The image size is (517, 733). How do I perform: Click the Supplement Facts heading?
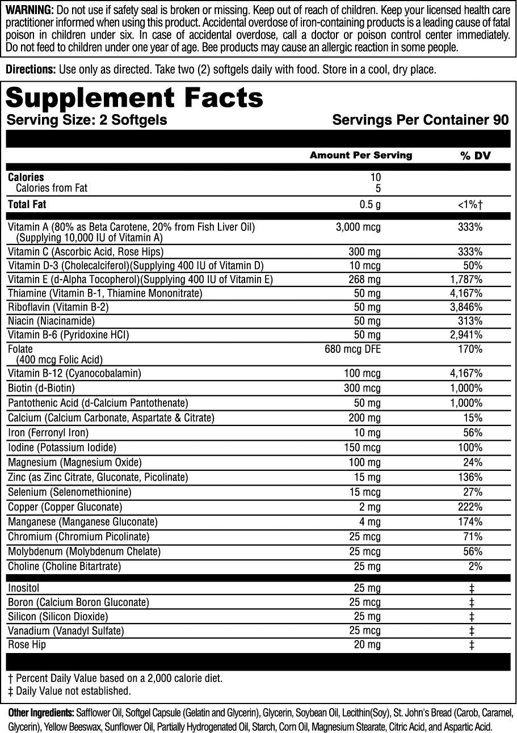point(134,98)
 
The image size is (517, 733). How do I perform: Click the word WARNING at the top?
point(29,10)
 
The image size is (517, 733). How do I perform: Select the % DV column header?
point(470,155)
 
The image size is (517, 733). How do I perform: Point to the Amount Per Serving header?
point(361,155)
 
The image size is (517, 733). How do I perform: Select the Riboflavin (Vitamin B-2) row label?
point(58,307)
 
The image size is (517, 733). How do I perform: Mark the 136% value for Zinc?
point(471,477)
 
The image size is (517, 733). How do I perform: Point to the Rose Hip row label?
point(27,644)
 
